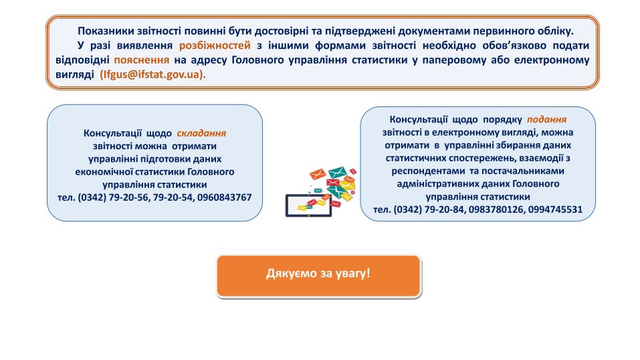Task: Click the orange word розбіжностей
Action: [x=215, y=46]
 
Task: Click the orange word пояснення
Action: [x=141, y=60]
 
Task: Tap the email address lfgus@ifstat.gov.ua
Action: [x=152, y=74]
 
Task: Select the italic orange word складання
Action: [x=201, y=133]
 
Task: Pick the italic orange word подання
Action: [x=546, y=119]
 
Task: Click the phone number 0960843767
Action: [x=225, y=197]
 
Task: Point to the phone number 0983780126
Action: [x=496, y=209]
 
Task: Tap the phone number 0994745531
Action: [x=555, y=209]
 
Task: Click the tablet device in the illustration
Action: [x=308, y=205]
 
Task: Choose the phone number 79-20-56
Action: [x=129, y=197]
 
